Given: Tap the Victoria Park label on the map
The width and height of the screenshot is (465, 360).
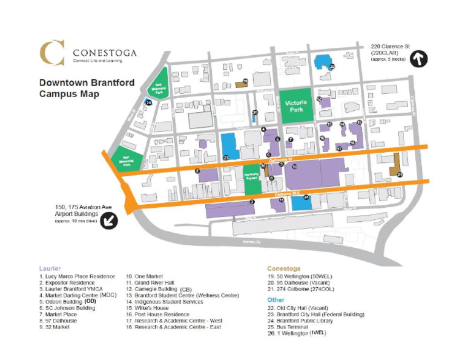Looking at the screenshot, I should [x=298, y=107].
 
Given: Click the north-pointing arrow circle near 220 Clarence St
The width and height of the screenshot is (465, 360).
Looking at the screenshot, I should [x=419, y=59].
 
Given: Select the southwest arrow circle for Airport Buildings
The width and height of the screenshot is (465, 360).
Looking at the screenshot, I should [x=110, y=220].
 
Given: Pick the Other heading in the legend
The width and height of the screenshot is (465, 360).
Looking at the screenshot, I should [x=277, y=299].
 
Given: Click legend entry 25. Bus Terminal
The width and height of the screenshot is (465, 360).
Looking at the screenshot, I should [x=294, y=328].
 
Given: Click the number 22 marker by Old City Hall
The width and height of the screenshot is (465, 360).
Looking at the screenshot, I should [x=332, y=67].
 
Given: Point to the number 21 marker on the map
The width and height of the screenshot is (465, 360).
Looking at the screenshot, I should [x=400, y=174].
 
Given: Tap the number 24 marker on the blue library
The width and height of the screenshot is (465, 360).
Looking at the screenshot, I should [x=306, y=197].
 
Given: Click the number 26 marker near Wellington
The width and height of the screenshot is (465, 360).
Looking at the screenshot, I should [x=148, y=103].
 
